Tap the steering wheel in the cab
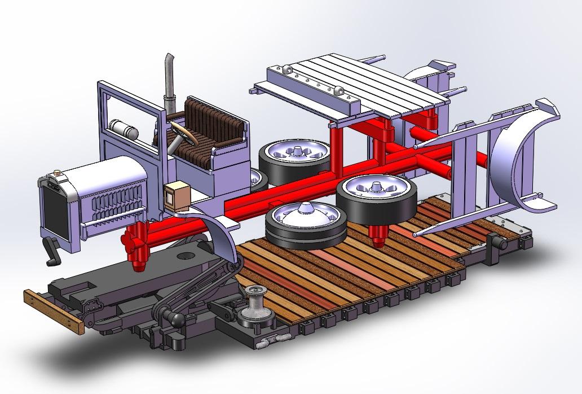183,134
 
